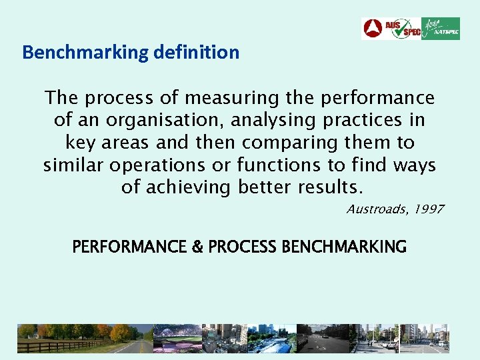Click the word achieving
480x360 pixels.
pos(187,187)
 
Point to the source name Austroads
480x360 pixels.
pos(375,209)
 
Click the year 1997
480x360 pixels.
pos(428,209)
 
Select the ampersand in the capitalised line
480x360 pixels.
pos(197,247)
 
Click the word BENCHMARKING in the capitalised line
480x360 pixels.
pos(344,247)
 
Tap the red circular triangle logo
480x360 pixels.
pos(373,29)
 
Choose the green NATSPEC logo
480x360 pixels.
pos(441,29)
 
